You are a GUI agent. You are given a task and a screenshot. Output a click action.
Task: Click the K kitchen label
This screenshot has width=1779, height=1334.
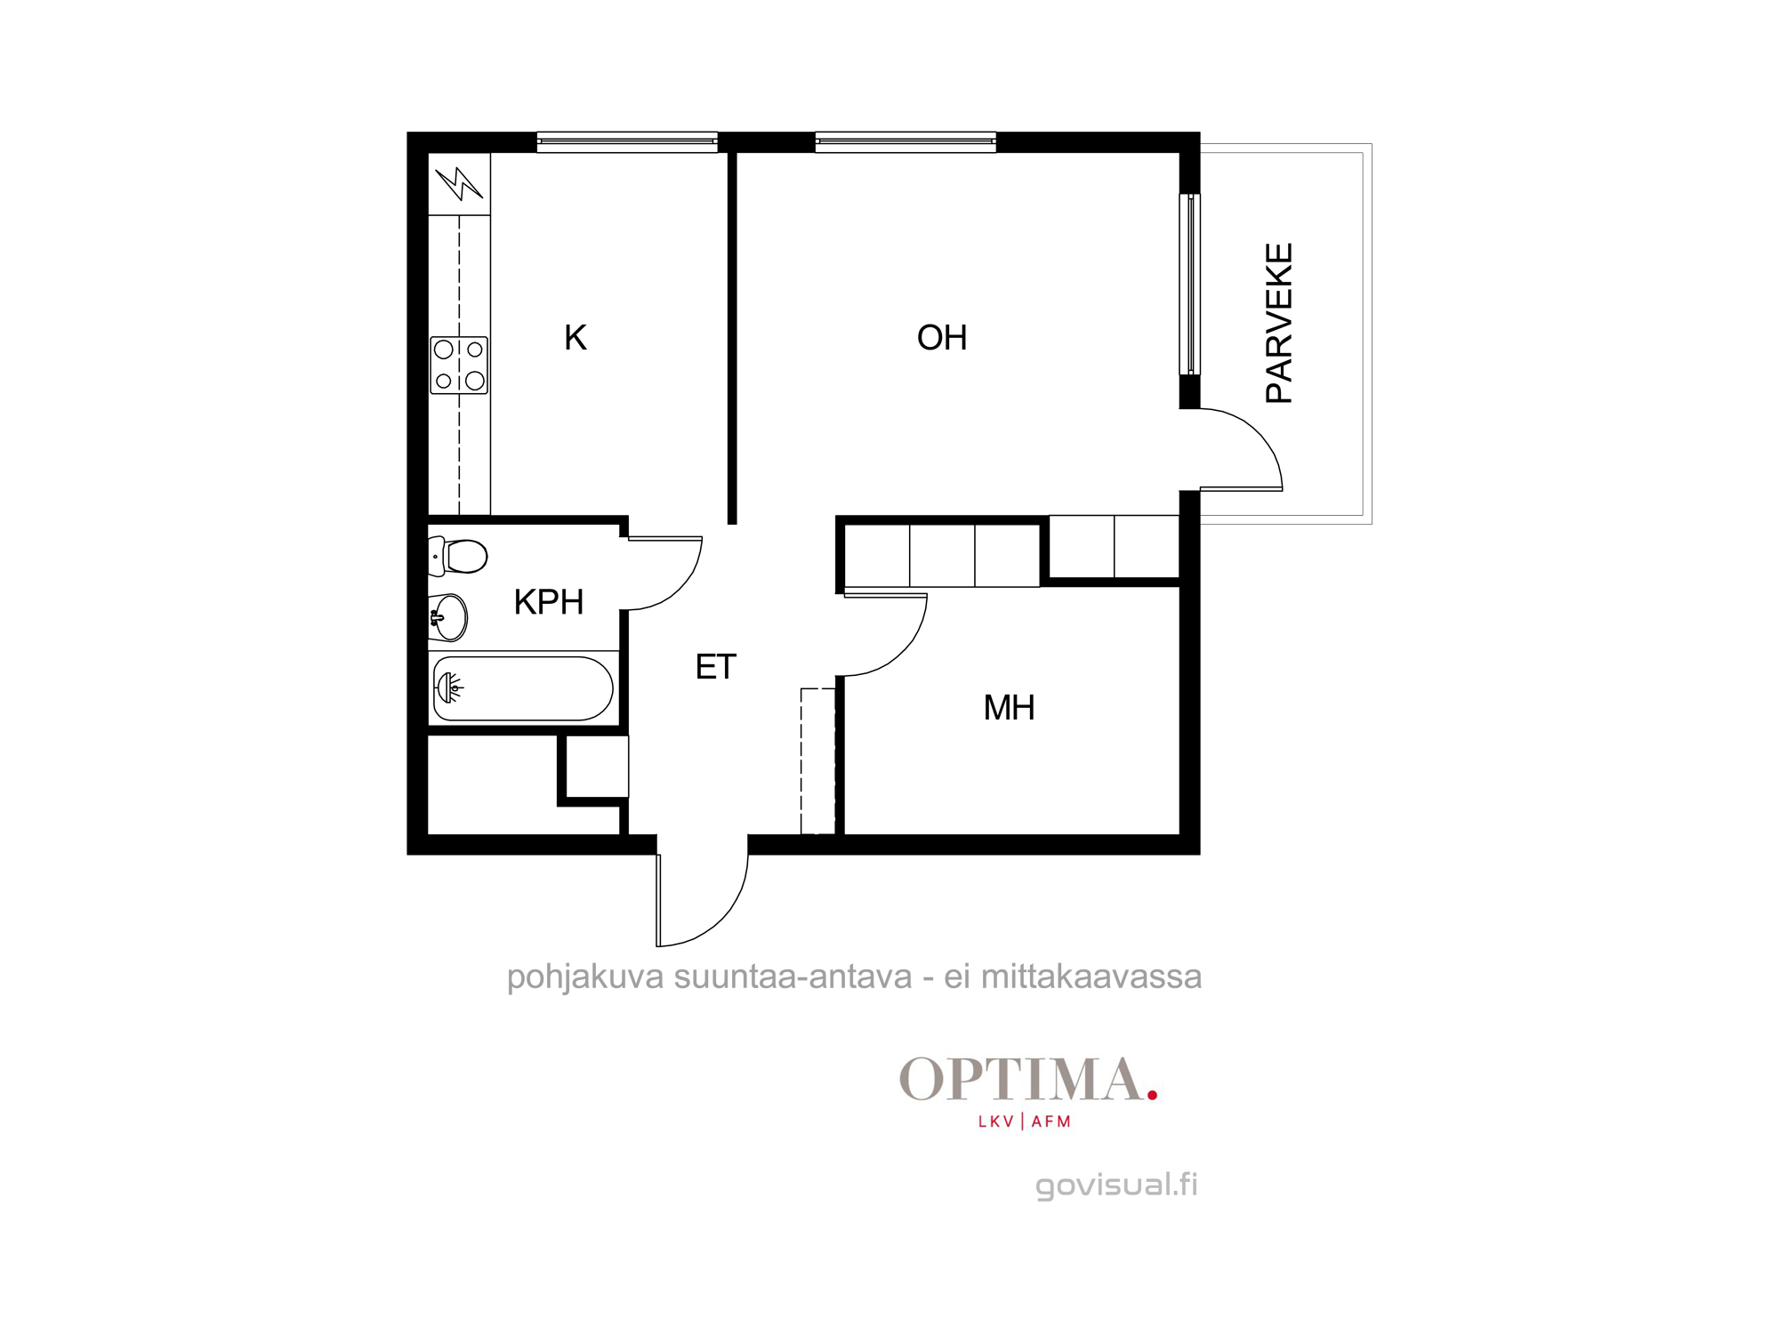tap(576, 338)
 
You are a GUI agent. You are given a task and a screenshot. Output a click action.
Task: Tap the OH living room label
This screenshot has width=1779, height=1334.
tap(942, 338)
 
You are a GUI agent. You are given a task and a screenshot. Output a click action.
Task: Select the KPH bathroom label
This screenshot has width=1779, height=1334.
tap(549, 602)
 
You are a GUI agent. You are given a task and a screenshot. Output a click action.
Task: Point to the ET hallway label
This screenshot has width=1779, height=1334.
tap(716, 667)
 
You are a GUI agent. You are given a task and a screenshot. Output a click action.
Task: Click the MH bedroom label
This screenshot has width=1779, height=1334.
tap(1010, 708)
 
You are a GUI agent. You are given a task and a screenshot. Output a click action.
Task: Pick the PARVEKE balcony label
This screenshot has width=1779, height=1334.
tap(1279, 324)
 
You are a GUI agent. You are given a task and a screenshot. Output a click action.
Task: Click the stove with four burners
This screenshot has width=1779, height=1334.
tap(459, 365)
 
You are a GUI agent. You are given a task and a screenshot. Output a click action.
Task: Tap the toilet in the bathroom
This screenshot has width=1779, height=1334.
tap(457, 557)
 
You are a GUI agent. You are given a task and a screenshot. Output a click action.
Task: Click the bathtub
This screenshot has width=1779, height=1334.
tap(523, 688)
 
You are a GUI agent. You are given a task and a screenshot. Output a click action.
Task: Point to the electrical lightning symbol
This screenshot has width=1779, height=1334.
tap(460, 183)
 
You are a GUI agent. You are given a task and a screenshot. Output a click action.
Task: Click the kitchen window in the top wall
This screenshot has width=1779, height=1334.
tap(627, 142)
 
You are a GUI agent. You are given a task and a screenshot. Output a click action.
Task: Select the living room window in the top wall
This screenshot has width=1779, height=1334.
tap(906, 142)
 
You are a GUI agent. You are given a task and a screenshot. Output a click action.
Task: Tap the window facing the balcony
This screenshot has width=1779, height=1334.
tap(1190, 285)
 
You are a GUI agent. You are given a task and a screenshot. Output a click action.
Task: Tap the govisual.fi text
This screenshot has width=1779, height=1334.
tap(1116, 1185)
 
